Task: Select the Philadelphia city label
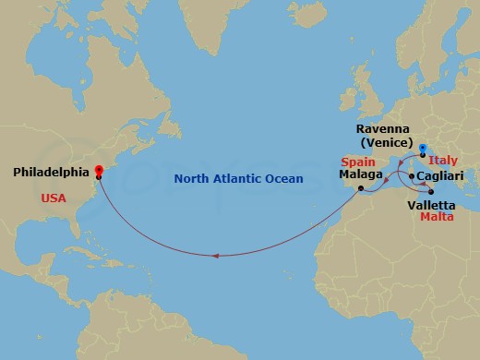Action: coord(52,172)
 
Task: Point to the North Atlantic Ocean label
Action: coord(239,178)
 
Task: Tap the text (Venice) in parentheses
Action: coord(387,144)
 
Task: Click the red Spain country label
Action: coord(356,161)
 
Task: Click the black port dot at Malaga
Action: coord(359,189)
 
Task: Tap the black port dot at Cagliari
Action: coord(411,175)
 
